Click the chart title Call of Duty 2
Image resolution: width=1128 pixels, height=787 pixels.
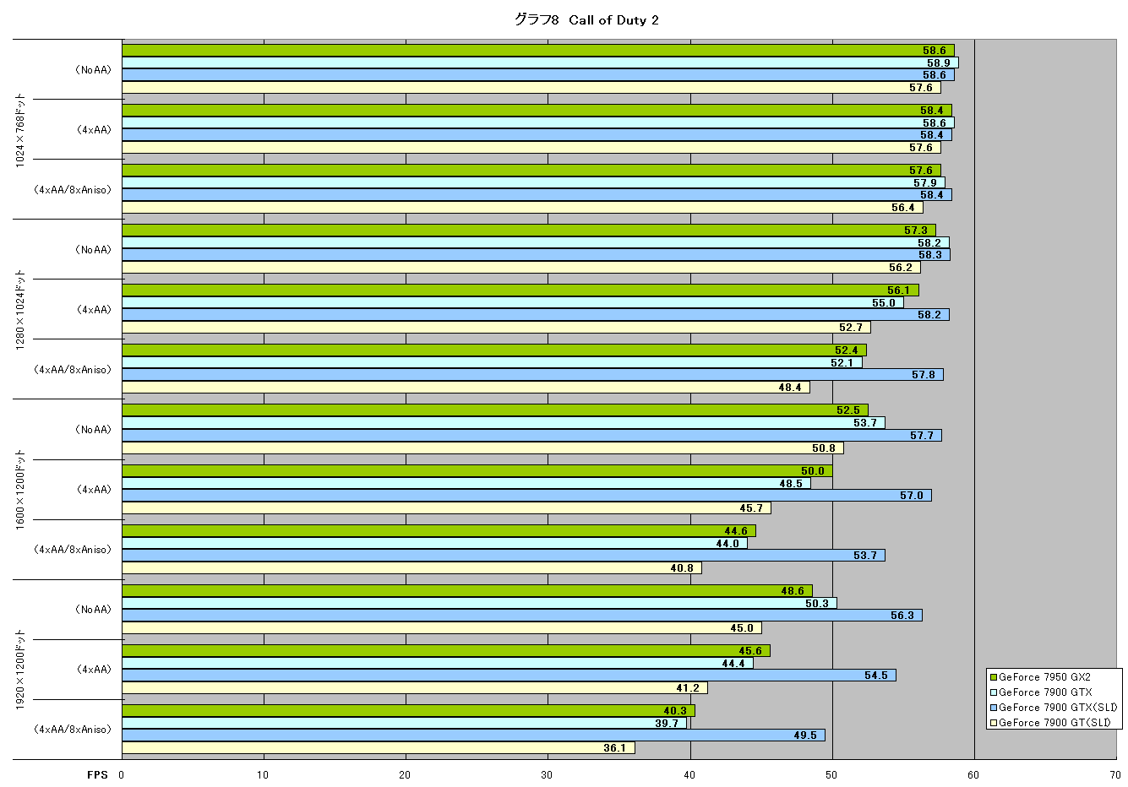(613, 20)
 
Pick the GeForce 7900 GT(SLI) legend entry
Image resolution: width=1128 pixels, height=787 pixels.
(1050, 723)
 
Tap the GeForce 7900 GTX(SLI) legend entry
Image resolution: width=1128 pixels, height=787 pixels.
(1054, 708)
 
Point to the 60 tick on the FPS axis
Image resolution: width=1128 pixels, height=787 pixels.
(973, 775)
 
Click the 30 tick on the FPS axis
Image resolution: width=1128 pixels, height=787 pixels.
(547, 775)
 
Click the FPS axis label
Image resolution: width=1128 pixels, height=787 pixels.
(97, 775)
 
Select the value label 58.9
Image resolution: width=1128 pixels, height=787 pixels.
(939, 62)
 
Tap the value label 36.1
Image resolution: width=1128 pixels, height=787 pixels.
(615, 748)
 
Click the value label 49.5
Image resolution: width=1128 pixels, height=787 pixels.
(805, 735)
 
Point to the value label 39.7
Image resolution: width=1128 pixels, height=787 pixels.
(667, 723)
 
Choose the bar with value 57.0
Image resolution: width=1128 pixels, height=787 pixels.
(526, 496)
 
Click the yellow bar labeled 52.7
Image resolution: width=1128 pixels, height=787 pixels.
(497, 328)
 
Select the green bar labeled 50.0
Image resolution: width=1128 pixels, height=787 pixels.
(477, 471)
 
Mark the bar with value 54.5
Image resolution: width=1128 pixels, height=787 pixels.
(510, 676)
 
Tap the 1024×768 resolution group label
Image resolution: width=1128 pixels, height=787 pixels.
(19, 130)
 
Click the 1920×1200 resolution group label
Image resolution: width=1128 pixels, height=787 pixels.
(19, 670)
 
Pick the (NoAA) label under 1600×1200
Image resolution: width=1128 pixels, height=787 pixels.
(93, 430)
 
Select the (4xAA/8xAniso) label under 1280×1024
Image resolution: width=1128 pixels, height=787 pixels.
(73, 370)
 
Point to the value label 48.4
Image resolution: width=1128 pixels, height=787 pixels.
(790, 388)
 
